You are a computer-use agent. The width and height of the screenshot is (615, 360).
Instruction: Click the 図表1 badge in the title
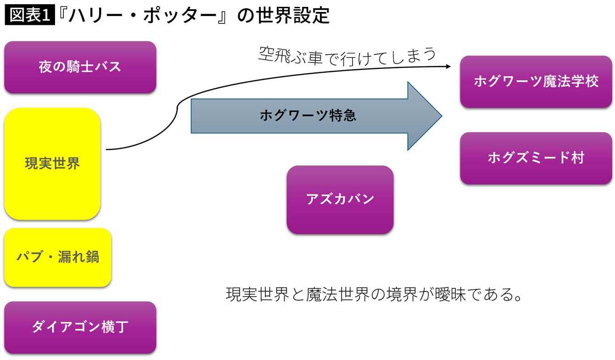[x=29, y=16]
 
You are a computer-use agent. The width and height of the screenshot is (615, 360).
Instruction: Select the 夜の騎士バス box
[x=80, y=67]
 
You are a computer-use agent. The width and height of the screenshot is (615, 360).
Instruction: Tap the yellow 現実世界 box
[x=52, y=163]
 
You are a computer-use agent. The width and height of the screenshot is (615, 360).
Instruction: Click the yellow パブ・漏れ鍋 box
[x=58, y=257]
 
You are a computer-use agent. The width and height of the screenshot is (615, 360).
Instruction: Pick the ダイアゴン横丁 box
[x=80, y=327]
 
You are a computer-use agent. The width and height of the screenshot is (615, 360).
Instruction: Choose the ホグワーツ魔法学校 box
[x=536, y=82]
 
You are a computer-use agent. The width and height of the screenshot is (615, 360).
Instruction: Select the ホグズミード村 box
[x=536, y=158]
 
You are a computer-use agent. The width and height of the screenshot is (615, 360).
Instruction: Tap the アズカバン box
[x=340, y=199]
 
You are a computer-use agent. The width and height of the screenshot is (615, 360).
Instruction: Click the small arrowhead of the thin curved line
[x=448, y=67]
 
